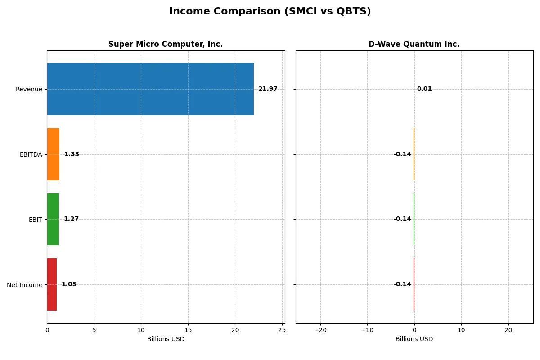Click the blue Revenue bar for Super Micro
point(150,89)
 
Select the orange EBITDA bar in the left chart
point(53,154)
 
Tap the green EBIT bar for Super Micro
point(53,219)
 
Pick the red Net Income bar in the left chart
point(52,284)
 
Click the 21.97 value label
point(268,89)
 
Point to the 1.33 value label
point(72,154)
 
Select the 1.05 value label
point(69,284)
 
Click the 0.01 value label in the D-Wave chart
point(424,89)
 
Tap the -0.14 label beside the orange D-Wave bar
point(402,154)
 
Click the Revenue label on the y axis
point(29,90)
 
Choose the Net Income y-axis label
point(25,285)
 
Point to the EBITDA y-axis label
point(31,155)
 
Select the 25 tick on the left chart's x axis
point(282,330)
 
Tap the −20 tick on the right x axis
point(320,330)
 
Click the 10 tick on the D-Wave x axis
point(461,330)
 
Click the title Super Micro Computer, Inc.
point(166,45)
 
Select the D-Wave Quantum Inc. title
point(414,45)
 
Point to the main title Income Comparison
point(270,12)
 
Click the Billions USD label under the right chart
point(414,339)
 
